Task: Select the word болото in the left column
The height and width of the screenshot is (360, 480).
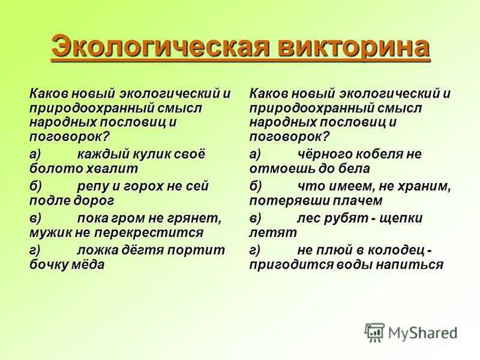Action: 56,169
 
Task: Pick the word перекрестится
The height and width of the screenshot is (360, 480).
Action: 148,233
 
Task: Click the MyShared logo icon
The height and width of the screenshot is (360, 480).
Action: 374,332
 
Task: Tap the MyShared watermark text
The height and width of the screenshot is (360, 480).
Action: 423,333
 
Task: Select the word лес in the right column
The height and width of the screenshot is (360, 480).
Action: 308,218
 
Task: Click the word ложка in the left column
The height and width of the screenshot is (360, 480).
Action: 98,251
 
